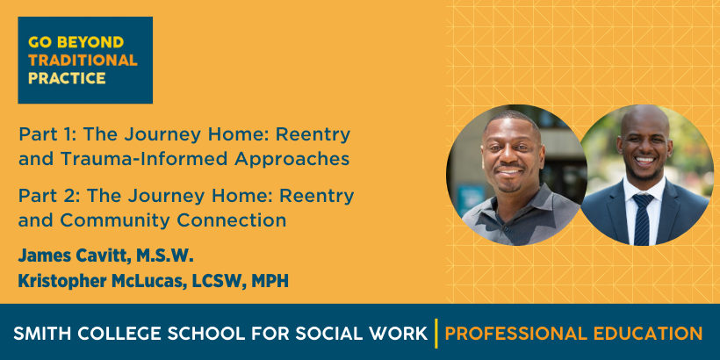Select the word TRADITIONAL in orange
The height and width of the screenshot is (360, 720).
[x=83, y=61]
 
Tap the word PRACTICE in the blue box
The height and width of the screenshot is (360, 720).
[x=67, y=78]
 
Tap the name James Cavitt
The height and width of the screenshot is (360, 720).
[x=75, y=256]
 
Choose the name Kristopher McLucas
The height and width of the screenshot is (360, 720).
[x=97, y=281]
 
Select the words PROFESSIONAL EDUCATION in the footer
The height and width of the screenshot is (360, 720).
[x=573, y=334]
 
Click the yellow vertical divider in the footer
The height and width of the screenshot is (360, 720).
[x=436, y=333]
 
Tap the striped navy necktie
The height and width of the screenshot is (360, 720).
[x=643, y=219]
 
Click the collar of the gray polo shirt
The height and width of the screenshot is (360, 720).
[x=505, y=197]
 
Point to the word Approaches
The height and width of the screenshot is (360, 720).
[x=292, y=159]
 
